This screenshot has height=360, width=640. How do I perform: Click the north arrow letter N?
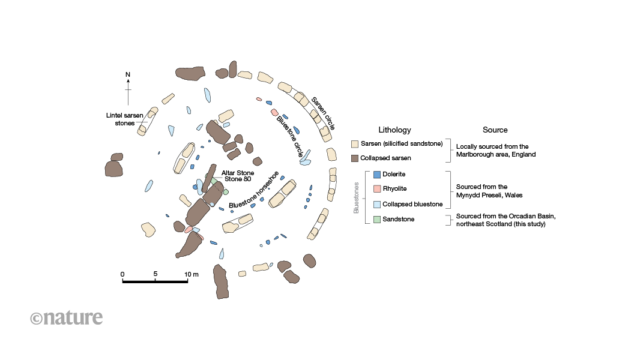pos(128,74)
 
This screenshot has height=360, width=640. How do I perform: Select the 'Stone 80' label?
pos(237,178)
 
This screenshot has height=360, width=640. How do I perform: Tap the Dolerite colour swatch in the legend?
pos(376,175)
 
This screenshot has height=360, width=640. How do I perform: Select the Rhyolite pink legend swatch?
pos(376,189)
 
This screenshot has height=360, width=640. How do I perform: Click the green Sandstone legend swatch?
pos(376,219)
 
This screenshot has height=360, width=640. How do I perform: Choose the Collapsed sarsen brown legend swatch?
pos(355,158)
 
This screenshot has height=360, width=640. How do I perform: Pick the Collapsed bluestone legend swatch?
pos(376,204)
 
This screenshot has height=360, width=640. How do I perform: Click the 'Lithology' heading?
pos(394,130)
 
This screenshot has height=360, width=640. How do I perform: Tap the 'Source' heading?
pos(495,130)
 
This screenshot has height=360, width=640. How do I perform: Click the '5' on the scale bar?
pos(155,274)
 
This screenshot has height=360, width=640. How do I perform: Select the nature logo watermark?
pos(67,317)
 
